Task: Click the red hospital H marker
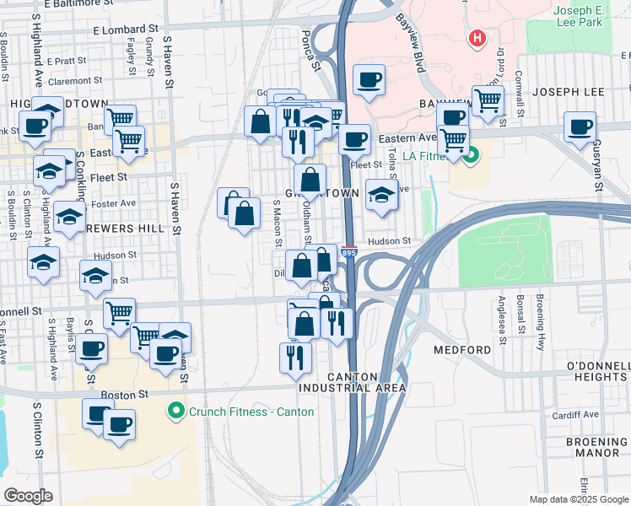tap(477, 38)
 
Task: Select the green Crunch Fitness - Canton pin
tap(175, 412)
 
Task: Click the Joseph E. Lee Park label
tap(578, 16)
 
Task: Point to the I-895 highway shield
tap(348, 252)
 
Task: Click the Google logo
tap(29, 496)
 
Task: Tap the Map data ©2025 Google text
tap(578, 499)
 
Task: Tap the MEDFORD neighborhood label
tap(462, 349)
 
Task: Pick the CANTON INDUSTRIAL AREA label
tap(353, 382)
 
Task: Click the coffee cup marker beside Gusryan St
tap(580, 127)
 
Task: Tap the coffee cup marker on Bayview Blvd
tap(368, 80)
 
